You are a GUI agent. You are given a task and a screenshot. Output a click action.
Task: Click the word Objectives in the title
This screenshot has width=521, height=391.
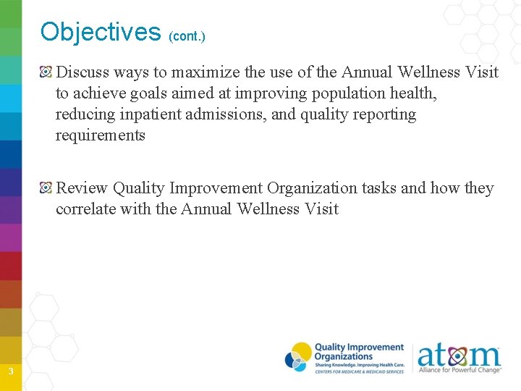[x=101, y=32]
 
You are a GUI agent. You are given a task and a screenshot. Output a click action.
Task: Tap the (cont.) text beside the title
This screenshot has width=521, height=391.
[x=187, y=35]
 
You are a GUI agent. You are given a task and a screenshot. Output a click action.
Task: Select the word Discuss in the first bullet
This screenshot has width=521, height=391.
[x=82, y=72]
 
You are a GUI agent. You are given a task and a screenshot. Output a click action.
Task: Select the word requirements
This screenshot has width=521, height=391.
[x=101, y=135]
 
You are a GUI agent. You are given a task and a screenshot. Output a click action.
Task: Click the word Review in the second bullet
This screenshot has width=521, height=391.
[x=82, y=188]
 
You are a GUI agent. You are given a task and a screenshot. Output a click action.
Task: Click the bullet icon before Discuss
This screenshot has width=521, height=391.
[x=46, y=72]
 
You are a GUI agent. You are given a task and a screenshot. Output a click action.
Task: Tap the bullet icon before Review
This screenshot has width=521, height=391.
[x=46, y=188]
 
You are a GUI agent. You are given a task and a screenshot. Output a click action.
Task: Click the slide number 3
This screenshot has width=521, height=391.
[x=10, y=372]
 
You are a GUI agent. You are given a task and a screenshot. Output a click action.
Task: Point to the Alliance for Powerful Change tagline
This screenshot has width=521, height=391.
[x=459, y=370]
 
